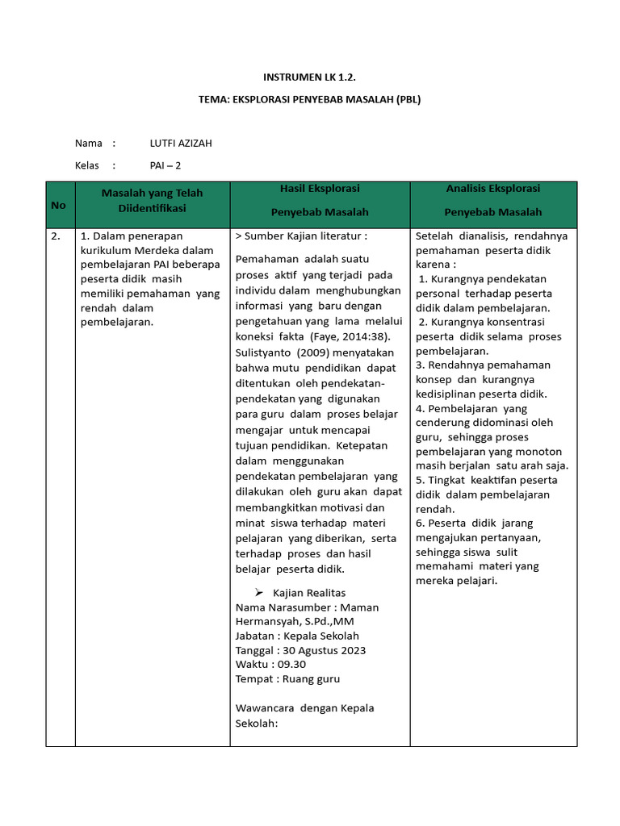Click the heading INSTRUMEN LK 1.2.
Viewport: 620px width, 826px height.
point(310,77)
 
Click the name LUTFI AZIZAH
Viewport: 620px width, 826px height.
point(181,144)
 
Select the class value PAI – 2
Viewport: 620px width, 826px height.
point(165,165)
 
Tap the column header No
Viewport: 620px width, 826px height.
point(58,205)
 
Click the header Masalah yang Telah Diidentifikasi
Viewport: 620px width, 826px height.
point(152,200)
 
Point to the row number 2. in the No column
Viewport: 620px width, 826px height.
point(56,236)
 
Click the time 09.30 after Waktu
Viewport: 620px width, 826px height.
point(292,665)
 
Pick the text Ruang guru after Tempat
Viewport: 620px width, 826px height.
point(311,679)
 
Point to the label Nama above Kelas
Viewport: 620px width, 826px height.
point(89,144)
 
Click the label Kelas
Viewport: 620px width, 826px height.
point(87,165)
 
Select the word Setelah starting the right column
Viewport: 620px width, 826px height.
point(435,236)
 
